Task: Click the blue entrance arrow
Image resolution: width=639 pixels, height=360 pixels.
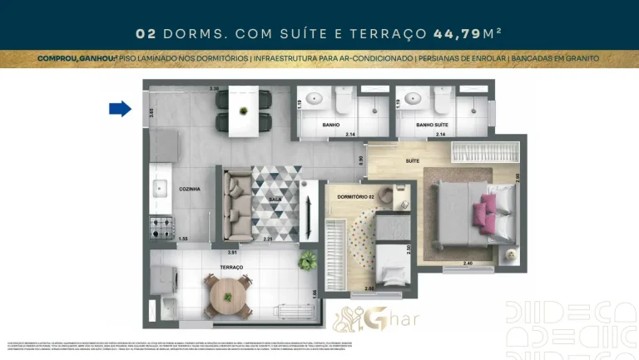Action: coord(121,108)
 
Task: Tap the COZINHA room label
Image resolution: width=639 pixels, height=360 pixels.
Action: coord(189,190)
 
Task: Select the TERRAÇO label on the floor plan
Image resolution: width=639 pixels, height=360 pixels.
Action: coord(231,267)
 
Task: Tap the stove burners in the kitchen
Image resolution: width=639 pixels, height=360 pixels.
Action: coord(161,225)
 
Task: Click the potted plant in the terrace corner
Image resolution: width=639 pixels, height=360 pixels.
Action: coord(308,259)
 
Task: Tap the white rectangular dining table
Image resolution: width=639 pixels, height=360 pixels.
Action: coord(243,111)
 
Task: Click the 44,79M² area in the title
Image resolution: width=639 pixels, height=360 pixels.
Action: coord(467,34)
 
